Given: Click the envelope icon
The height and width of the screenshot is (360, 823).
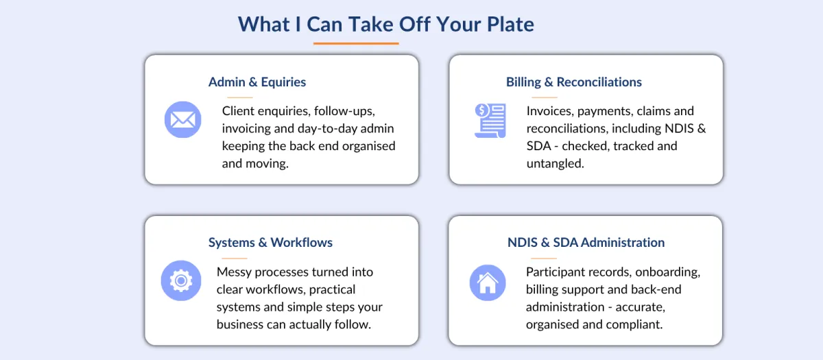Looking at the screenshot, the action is click(182, 119).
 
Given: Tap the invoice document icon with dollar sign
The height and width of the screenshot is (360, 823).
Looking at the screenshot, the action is click(490, 121).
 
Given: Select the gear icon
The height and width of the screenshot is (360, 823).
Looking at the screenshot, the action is click(181, 280).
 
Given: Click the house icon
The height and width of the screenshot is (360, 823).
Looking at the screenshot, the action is click(488, 283).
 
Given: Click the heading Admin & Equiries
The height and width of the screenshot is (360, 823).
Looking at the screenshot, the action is click(257, 82).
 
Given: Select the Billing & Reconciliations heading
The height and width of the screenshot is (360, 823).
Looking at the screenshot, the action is click(574, 82).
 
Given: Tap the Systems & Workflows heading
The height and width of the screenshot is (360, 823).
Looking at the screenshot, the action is click(270, 243).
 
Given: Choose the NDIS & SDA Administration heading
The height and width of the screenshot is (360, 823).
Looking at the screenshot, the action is click(586, 243).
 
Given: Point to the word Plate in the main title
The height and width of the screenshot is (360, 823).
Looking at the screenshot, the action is click(510, 24).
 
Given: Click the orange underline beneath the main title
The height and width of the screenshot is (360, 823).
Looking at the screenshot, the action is click(356, 43).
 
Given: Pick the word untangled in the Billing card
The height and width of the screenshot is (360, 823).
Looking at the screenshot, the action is click(555, 163).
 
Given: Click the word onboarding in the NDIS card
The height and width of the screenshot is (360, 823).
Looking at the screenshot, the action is click(667, 272).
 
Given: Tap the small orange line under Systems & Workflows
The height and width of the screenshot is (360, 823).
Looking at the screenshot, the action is click(235, 259).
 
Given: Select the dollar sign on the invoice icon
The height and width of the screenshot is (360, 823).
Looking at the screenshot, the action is click(481, 110).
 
